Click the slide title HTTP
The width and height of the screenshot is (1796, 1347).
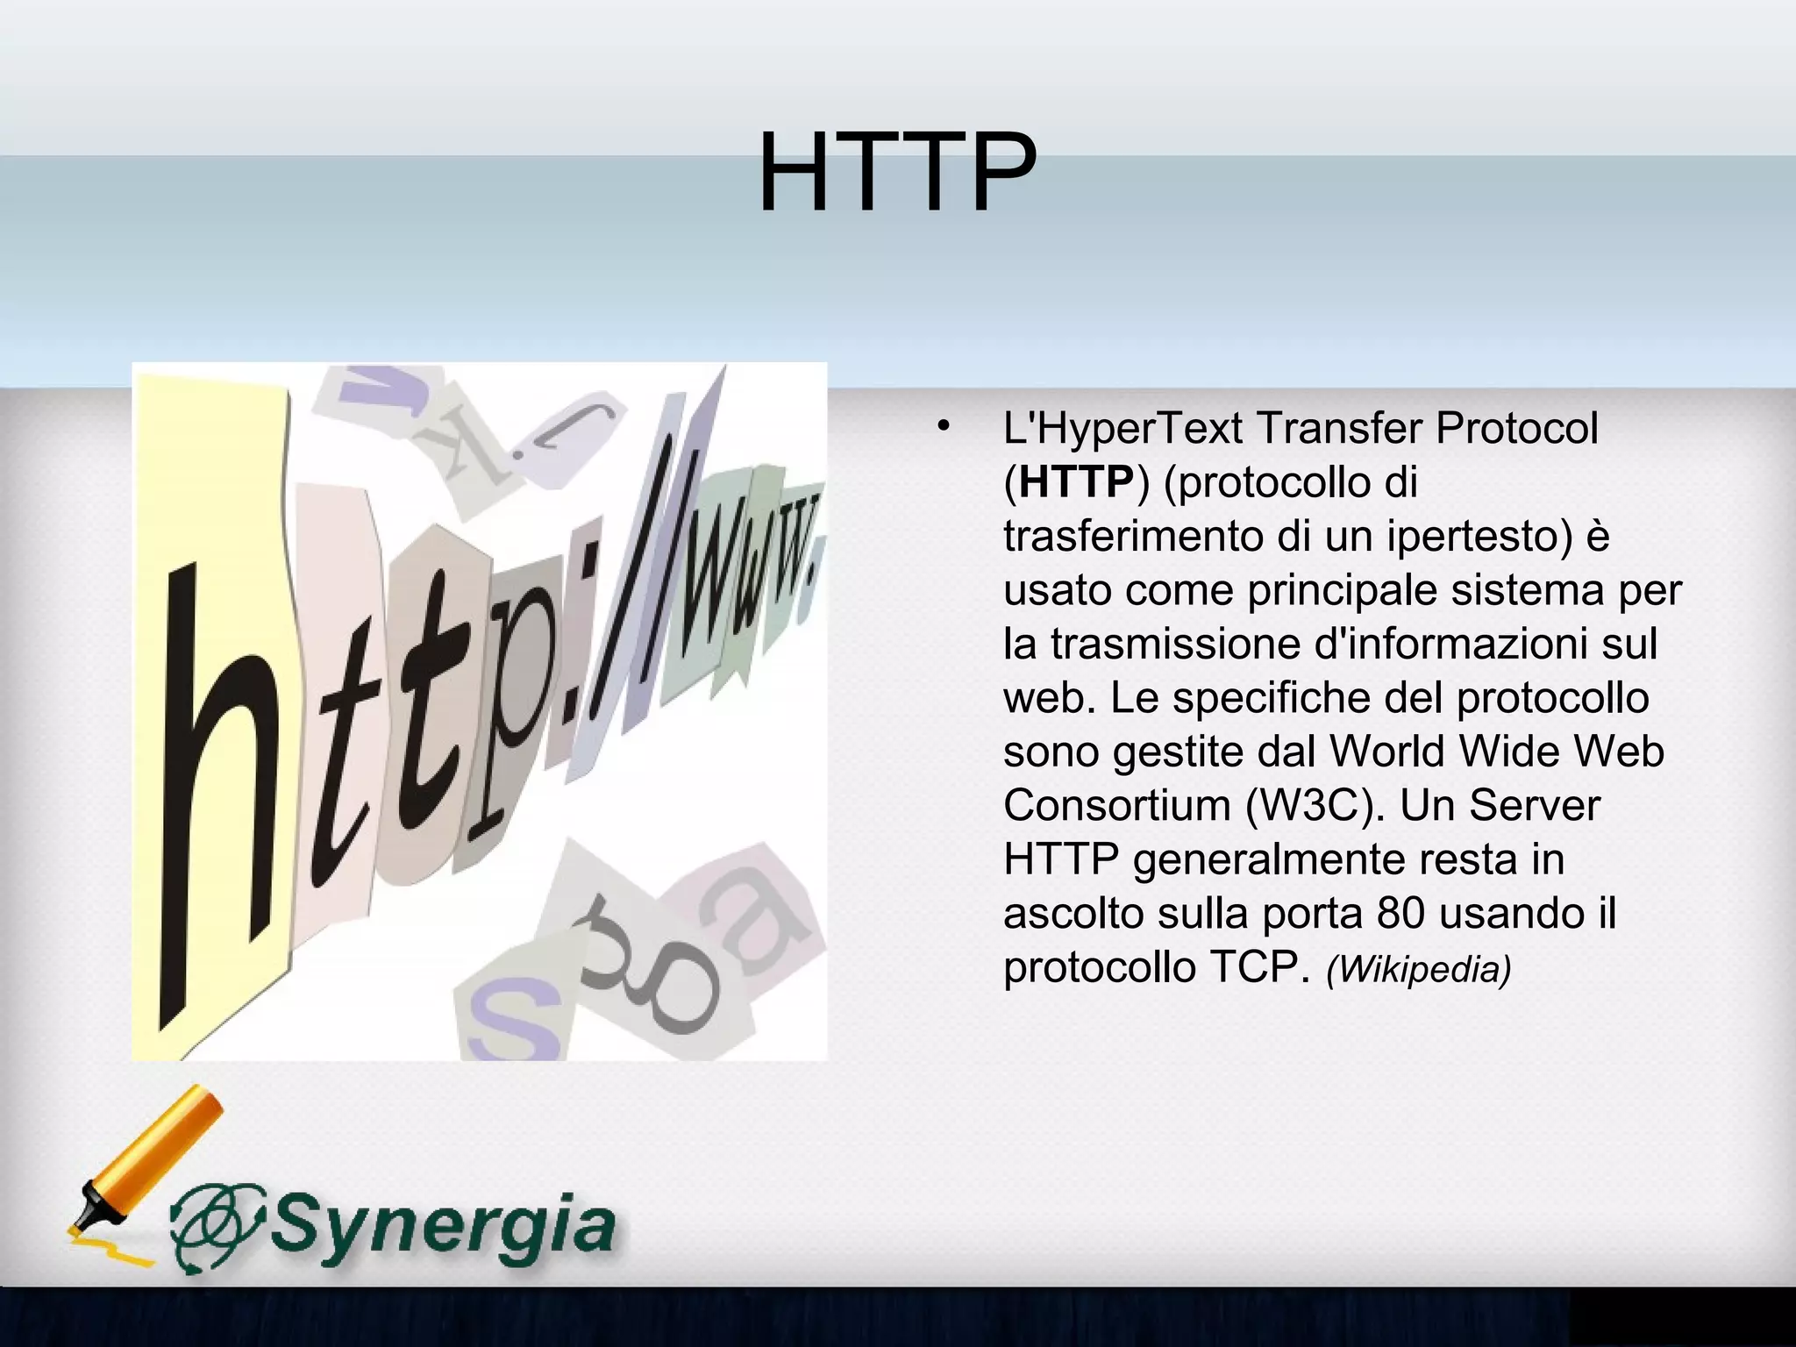(x=896, y=172)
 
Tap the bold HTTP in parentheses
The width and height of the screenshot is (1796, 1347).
(x=1076, y=482)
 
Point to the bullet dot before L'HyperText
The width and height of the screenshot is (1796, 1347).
(x=942, y=428)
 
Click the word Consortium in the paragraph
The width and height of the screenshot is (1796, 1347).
(x=1116, y=805)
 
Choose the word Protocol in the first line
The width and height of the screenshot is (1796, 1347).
(x=1516, y=428)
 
